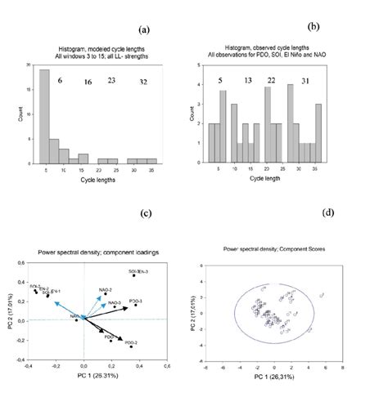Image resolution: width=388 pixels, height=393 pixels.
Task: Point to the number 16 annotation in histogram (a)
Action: click(88, 83)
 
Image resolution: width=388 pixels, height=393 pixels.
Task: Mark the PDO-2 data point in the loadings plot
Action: click(130, 346)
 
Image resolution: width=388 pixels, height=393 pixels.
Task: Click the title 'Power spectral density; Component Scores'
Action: click(273, 248)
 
